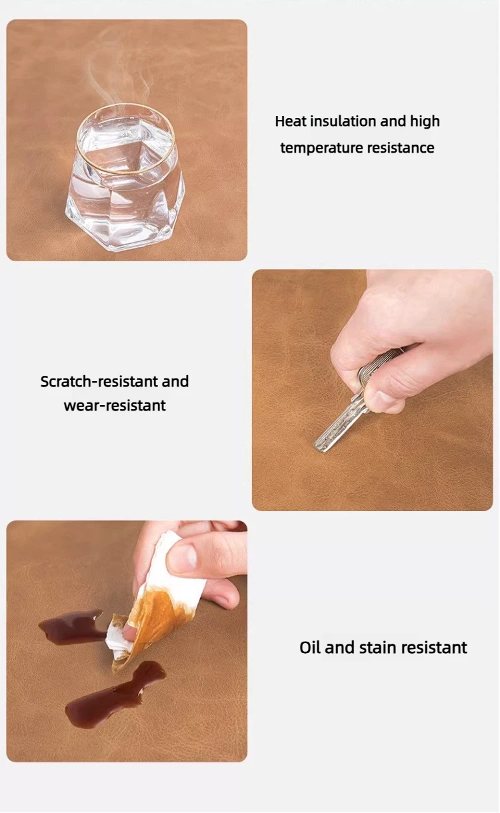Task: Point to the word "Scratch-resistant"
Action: tap(99, 381)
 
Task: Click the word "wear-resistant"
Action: tap(115, 406)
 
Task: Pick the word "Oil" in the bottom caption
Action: tap(310, 648)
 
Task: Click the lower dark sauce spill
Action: tap(115, 694)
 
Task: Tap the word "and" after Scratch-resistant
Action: tap(175, 381)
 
